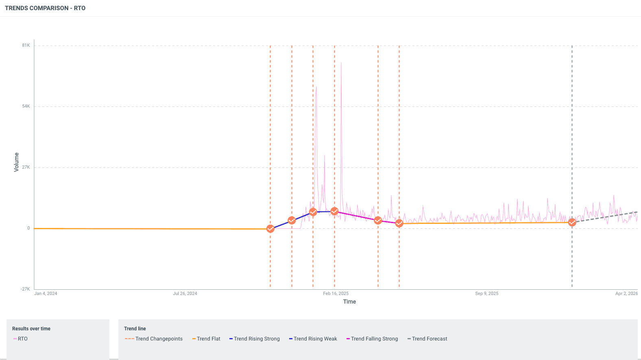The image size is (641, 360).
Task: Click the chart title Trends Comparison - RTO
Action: click(x=45, y=8)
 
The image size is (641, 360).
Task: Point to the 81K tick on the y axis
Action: click(x=26, y=46)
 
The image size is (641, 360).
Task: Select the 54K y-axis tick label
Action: click(x=26, y=106)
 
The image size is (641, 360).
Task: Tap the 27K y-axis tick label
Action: click(x=26, y=167)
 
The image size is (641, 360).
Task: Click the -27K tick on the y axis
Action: click(x=26, y=289)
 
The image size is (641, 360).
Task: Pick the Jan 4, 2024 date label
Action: click(x=46, y=293)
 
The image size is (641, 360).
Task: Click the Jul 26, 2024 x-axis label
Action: click(x=185, y=293)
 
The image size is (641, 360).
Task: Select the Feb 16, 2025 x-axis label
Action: click(x=336, y=293)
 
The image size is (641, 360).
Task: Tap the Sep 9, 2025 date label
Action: click(x=486, y=293)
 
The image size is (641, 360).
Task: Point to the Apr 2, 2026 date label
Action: click(x=626, y=293)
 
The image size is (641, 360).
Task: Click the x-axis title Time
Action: click(x=349, y=301)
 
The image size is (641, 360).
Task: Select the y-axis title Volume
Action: click(x=17, y=162)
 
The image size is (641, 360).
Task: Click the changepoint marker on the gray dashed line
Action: click(x=572, y=223)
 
